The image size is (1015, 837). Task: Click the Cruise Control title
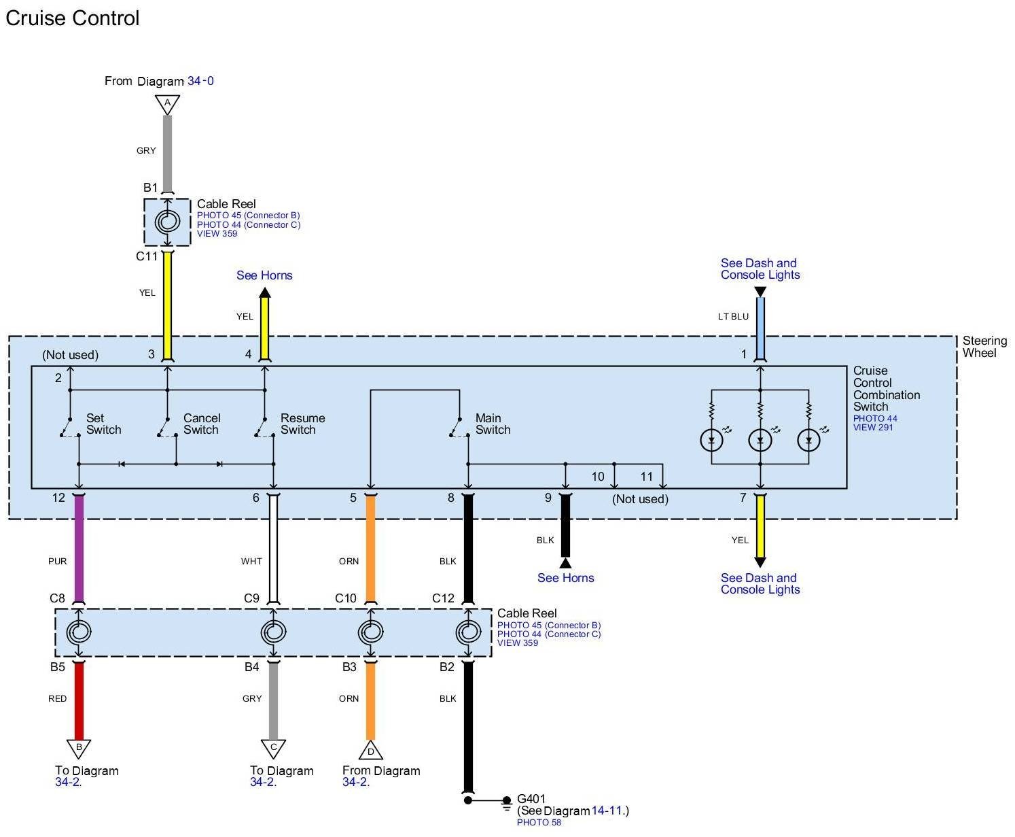point(72,18)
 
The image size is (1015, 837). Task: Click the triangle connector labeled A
point(167,104)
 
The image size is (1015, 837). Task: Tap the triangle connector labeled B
point(79,748)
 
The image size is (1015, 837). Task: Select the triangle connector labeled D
point(370,750)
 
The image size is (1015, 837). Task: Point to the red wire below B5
point(79,700)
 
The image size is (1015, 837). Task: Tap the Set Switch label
point(103,424)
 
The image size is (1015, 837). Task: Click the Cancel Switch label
point(201,424)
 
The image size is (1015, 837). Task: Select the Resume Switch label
point(302,424)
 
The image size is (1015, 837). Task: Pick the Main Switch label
point(492,424)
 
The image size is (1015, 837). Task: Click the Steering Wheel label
point(984,347)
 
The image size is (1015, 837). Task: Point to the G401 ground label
point(531,799)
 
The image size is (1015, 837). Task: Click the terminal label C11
point(147,257)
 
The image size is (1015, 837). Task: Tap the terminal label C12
point(443,598)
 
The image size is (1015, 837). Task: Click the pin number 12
point(59,498)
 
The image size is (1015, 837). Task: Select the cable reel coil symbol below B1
point(167,222)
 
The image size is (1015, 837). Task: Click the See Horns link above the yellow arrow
point(264,275)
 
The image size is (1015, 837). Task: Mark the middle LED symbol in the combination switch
point(760,440)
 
